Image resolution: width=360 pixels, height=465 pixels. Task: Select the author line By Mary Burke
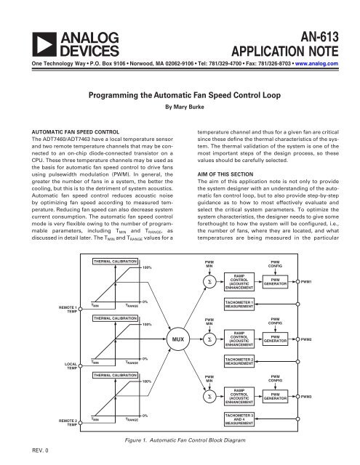[x=179, y=105]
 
